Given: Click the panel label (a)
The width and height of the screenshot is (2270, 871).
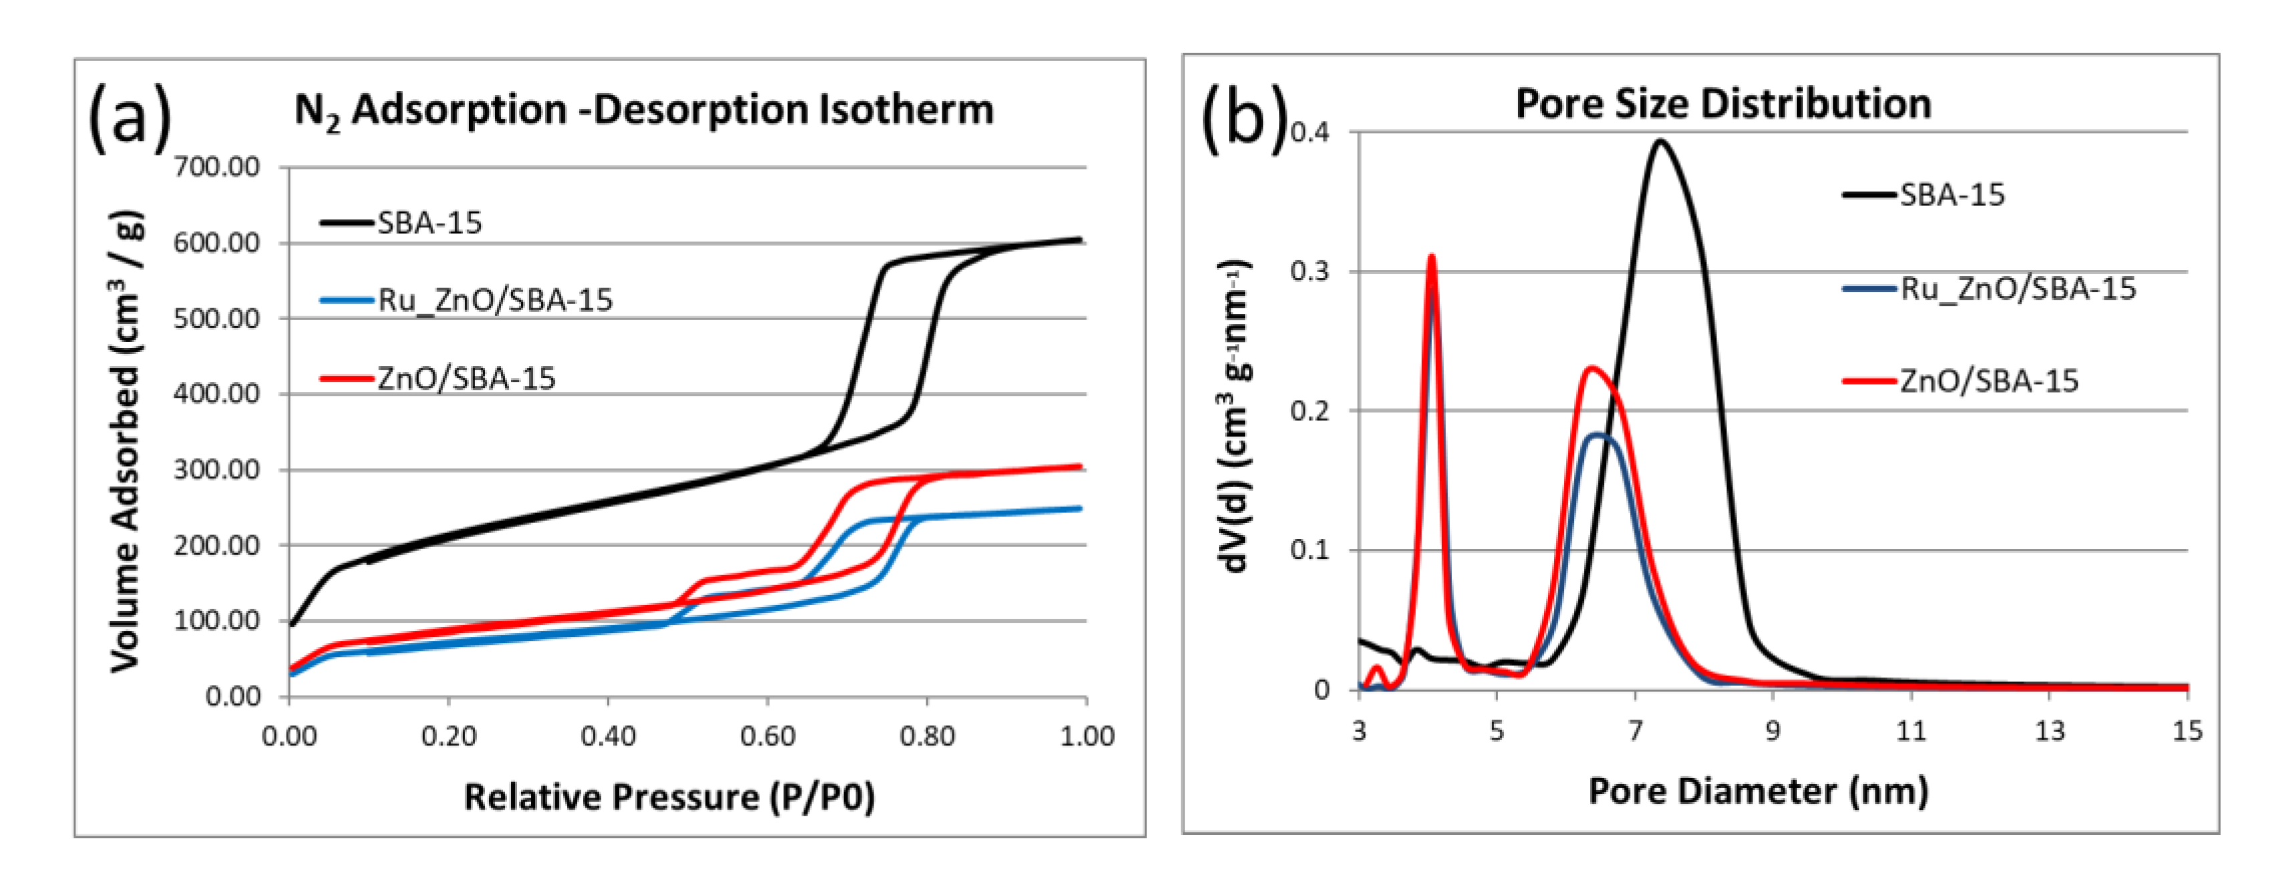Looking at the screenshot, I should point(130,118).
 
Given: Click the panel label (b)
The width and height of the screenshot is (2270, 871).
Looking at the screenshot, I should point(1244,118).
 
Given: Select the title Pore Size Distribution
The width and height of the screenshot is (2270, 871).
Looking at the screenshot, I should point(1723,104).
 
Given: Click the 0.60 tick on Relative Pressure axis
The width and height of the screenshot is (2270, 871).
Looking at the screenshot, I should point(767,736).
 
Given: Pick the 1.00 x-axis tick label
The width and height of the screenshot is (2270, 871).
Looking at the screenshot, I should point(1087,736).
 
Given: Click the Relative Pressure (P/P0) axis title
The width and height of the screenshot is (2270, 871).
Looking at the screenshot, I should point(670,797).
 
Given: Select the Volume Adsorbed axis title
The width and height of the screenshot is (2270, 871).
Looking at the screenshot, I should point(126,441).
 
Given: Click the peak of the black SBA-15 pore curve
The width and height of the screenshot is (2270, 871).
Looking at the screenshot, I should point(1661,141).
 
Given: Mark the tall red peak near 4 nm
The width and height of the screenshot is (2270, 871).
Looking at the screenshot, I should point(1431,257).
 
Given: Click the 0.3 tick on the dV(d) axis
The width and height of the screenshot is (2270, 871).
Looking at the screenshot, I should point(1310,271).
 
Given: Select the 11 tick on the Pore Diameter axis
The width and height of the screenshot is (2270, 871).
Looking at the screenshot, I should point(1911,731).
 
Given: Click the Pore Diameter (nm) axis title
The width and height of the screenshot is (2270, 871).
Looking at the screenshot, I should point(1757,791).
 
